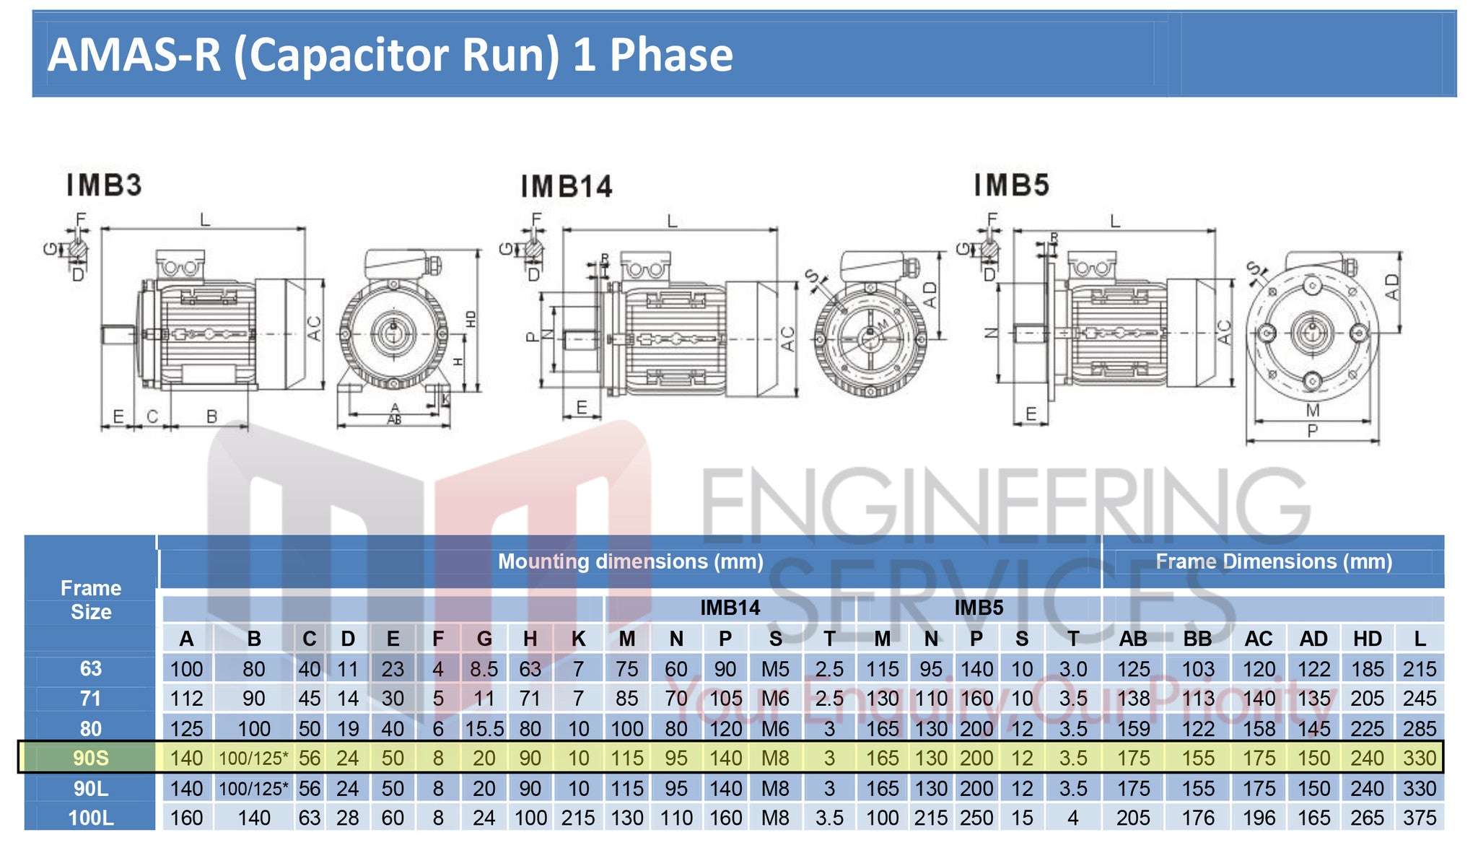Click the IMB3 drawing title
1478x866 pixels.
[104, 185]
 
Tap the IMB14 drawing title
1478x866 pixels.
[567, 187]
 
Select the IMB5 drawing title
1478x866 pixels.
[1011, 185]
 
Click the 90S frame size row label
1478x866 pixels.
[91, 758]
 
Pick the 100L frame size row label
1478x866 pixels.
[91, 818]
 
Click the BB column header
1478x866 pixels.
[1197, 639]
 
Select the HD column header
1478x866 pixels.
[1367, 639]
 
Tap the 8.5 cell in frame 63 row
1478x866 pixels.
[484, 669]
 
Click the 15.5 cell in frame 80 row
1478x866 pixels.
[484, 729]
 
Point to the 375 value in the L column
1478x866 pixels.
[1419, 818]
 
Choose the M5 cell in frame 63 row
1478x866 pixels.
[775, 669]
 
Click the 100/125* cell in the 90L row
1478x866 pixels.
[253, 788]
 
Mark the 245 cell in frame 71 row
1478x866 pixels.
[1419, 699]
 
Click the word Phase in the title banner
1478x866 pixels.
[670, 55]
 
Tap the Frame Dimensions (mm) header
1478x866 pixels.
[1274, 561]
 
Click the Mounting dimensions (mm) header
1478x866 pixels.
[630, 561]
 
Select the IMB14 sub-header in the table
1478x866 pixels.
[730, 608]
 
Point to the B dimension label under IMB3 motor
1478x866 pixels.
[211, 416]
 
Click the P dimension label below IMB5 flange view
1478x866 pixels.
[1312, 431]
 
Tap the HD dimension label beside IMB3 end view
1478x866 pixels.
[471, 318]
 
